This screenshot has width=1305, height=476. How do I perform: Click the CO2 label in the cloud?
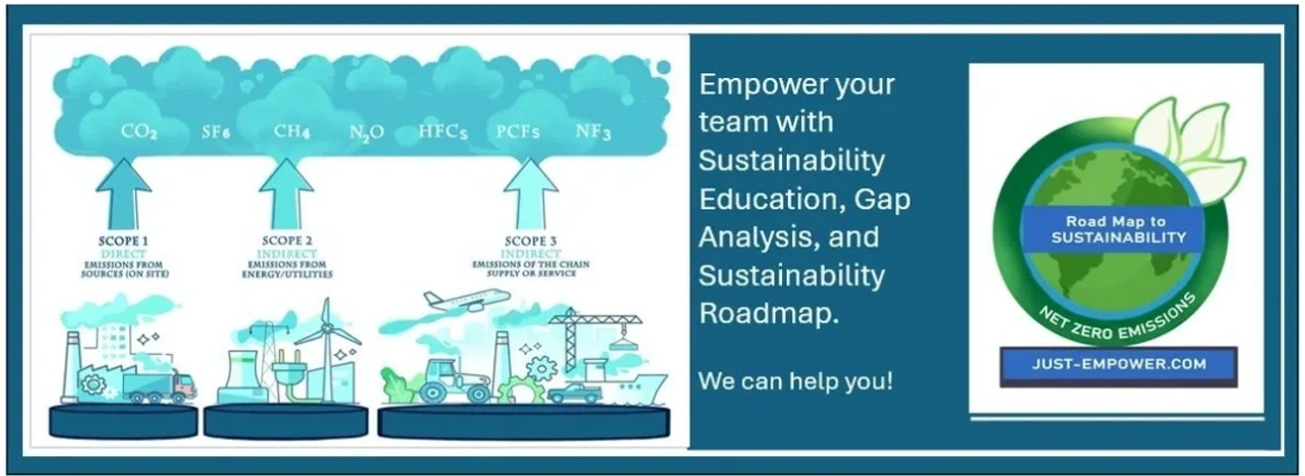pos(139,132)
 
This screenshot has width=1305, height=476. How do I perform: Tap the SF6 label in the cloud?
pos(215,132)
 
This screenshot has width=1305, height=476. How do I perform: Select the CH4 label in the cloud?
pos(291,131)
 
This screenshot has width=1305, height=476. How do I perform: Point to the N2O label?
pos(367,132)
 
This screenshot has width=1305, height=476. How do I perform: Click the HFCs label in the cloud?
pos(443,132)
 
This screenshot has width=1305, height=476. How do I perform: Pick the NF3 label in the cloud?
pos(593,132)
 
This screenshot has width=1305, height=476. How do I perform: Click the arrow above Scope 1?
pos(124,194)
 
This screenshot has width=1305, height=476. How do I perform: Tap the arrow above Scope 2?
pos(286,194)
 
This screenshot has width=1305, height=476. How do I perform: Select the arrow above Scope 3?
pos(531,194)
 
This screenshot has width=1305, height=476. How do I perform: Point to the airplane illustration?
pos(467,300)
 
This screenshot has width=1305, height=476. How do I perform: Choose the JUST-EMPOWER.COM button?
pos(1118,365)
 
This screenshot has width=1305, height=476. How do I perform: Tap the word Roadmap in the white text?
pos(769,313)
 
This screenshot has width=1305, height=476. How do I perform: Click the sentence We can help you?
pos(795,382)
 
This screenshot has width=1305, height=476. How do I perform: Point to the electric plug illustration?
pos(289,371)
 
